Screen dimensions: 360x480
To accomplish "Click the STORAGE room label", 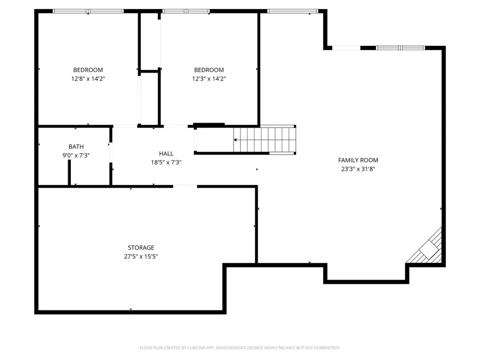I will (141, 247).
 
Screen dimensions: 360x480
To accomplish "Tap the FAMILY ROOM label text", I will (358, 160).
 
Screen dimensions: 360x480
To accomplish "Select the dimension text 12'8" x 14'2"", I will (88, 79).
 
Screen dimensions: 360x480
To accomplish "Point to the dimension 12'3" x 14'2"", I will (209, 79).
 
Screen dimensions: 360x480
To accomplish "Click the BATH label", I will (76, 147).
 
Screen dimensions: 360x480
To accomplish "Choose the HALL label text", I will (166, 154).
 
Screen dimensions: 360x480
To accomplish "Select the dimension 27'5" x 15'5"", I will (141, 256).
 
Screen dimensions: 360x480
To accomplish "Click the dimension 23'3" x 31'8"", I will (358, 169).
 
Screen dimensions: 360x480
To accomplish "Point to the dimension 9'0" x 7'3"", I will (76, 155).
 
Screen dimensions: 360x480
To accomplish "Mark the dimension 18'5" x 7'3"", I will (166, 162).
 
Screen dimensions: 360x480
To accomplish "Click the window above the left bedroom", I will (88, 11).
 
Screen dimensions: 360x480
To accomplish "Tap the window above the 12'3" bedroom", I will (186, 11).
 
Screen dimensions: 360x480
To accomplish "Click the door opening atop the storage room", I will (185, 186).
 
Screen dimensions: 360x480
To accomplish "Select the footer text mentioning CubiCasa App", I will (239, 348).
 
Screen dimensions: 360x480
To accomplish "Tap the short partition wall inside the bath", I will (69, 172).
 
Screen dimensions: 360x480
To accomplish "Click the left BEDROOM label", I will (88, 70).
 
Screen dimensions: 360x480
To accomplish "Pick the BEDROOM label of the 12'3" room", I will (209, 70).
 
